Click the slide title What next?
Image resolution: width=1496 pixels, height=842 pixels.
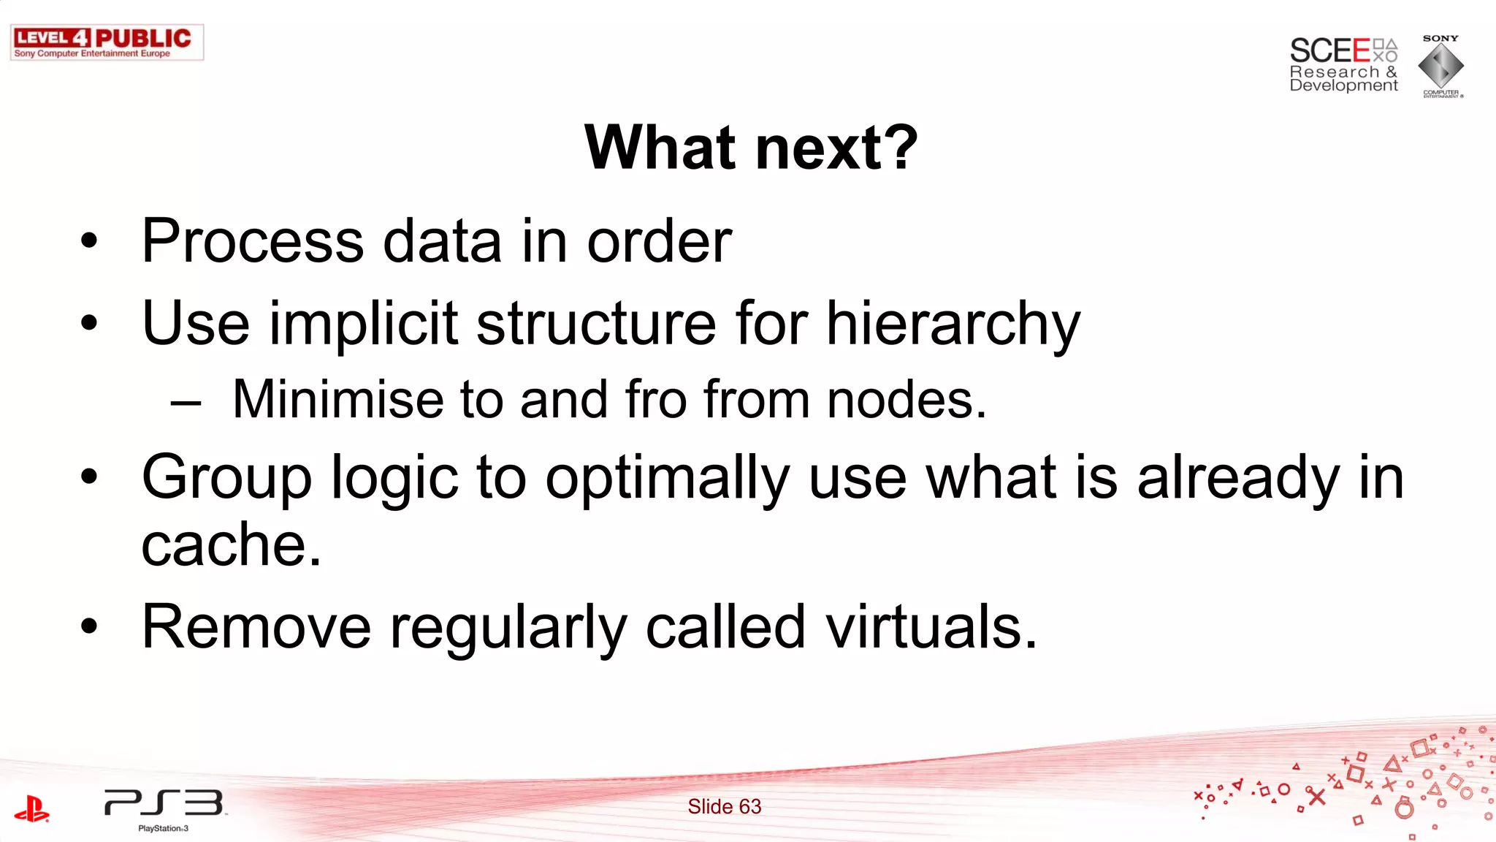[x=751, y=148]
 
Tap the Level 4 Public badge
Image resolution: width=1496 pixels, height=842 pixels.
[x=107, y=42]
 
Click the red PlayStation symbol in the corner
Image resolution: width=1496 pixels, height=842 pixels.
[x=31, y=809]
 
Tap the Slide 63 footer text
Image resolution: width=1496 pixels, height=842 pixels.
[x=724, y=806]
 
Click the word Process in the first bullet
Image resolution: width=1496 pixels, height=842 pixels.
[x=253, y=241]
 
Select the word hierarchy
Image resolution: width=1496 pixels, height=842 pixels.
[x=953, y=324]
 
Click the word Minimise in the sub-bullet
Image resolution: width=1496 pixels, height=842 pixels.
[x=337, y=400]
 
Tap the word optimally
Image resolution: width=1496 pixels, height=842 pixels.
[x=667, y=479]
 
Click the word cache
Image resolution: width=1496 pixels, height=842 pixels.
[x=230, y=545]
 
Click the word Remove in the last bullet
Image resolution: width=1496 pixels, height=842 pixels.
[x=256, y=627]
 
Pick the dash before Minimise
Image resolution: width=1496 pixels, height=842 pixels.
[x=186, y=403]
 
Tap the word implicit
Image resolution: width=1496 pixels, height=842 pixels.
[x=363, y=324]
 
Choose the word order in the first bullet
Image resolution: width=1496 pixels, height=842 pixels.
[x=659, y=241]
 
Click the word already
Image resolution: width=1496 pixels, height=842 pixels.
[x=1237, y=479]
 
